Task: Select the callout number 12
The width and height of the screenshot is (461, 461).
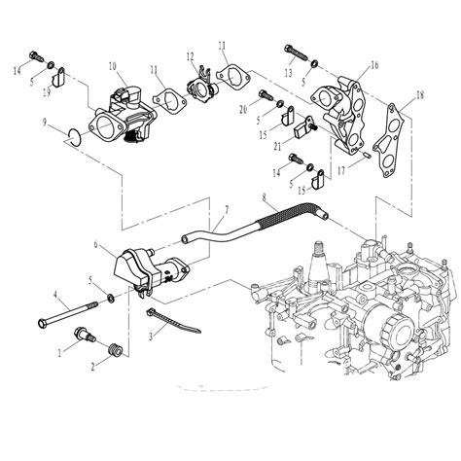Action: (190, 56)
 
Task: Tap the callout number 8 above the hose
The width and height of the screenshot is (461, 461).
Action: (263, 199)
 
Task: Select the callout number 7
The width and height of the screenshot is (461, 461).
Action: (227, 210)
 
